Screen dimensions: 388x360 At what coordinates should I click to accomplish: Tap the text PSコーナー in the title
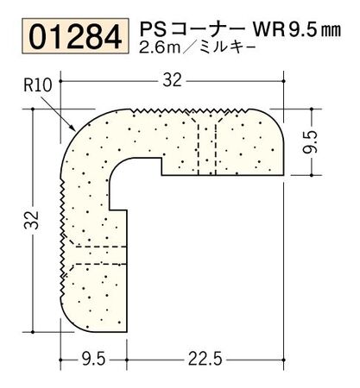coord(186,29)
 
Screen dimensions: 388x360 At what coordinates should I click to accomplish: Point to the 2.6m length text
coord(155,50)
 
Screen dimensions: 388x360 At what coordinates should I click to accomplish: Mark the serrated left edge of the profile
coord(61,224)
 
